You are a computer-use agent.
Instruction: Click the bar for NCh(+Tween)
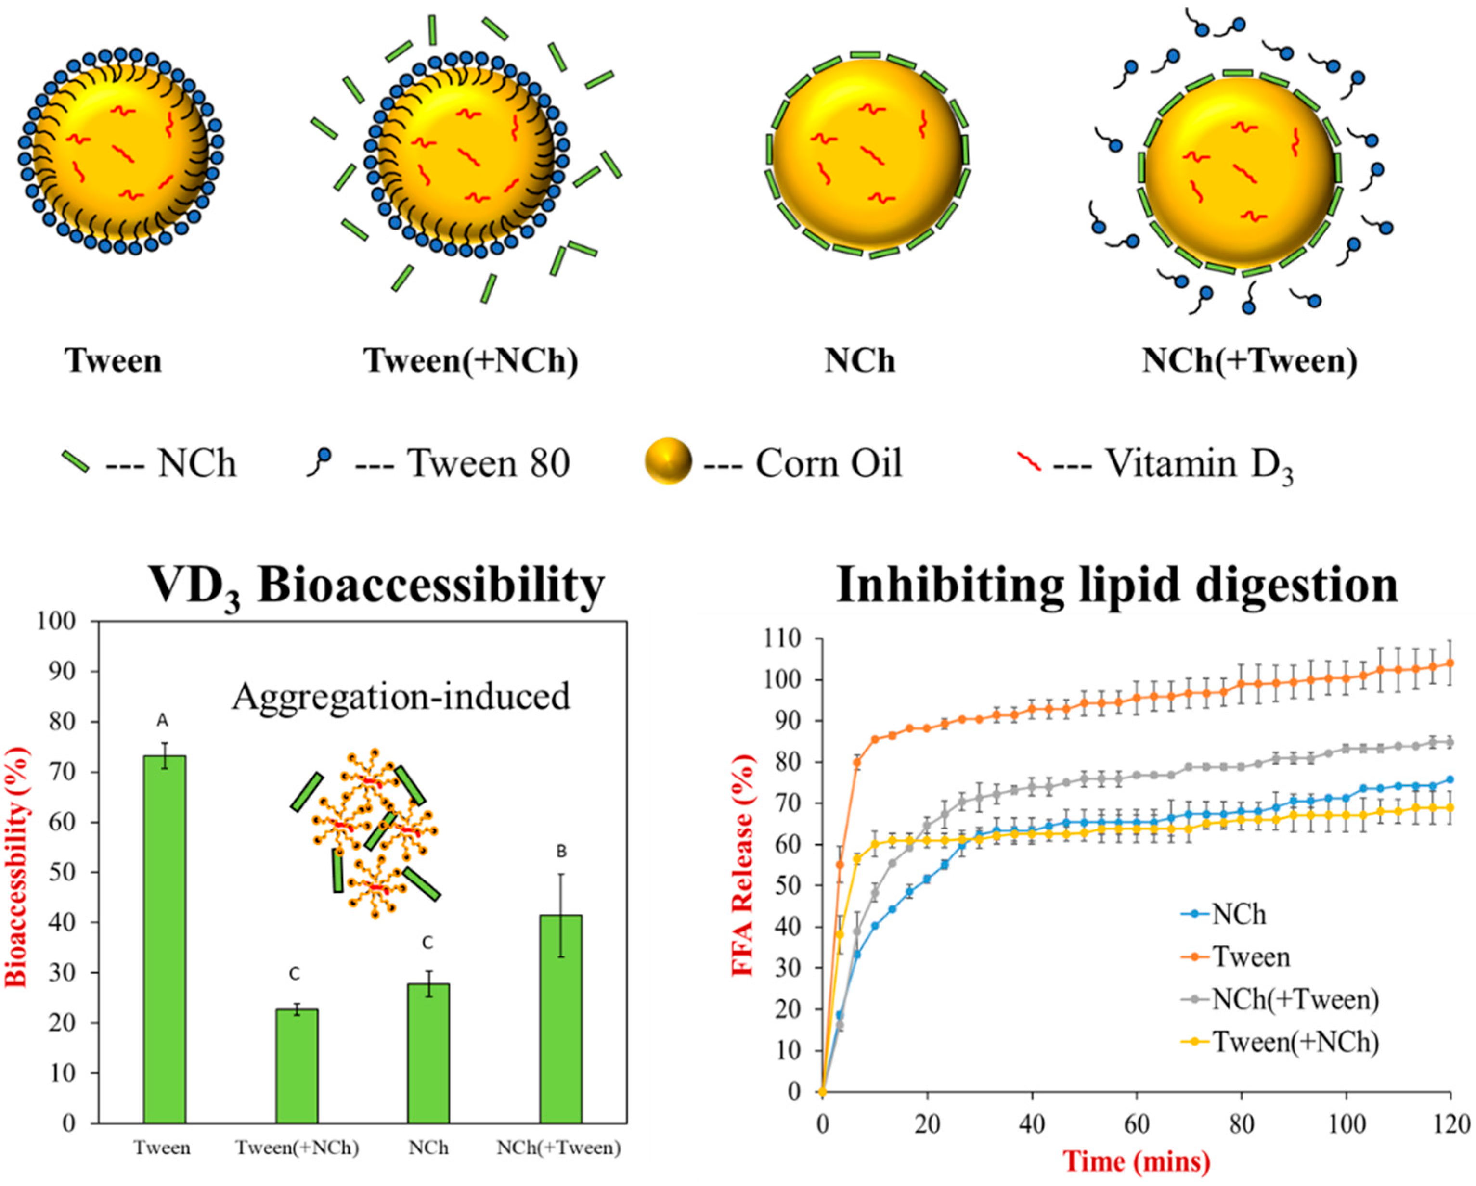pos(561,1019)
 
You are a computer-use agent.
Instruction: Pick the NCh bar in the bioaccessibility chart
pos(428,1053)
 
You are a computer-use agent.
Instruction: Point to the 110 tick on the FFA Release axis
pos(786,639)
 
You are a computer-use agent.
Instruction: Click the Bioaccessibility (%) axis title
pos(18,871)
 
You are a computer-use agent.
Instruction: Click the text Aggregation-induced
pos(401,697)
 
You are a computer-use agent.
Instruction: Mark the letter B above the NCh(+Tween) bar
pos(561,851)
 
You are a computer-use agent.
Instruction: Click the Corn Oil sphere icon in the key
pos(668,461)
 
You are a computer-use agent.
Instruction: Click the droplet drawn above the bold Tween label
pos(120,151)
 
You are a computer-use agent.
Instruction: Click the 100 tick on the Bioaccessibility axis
pos(68,622)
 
